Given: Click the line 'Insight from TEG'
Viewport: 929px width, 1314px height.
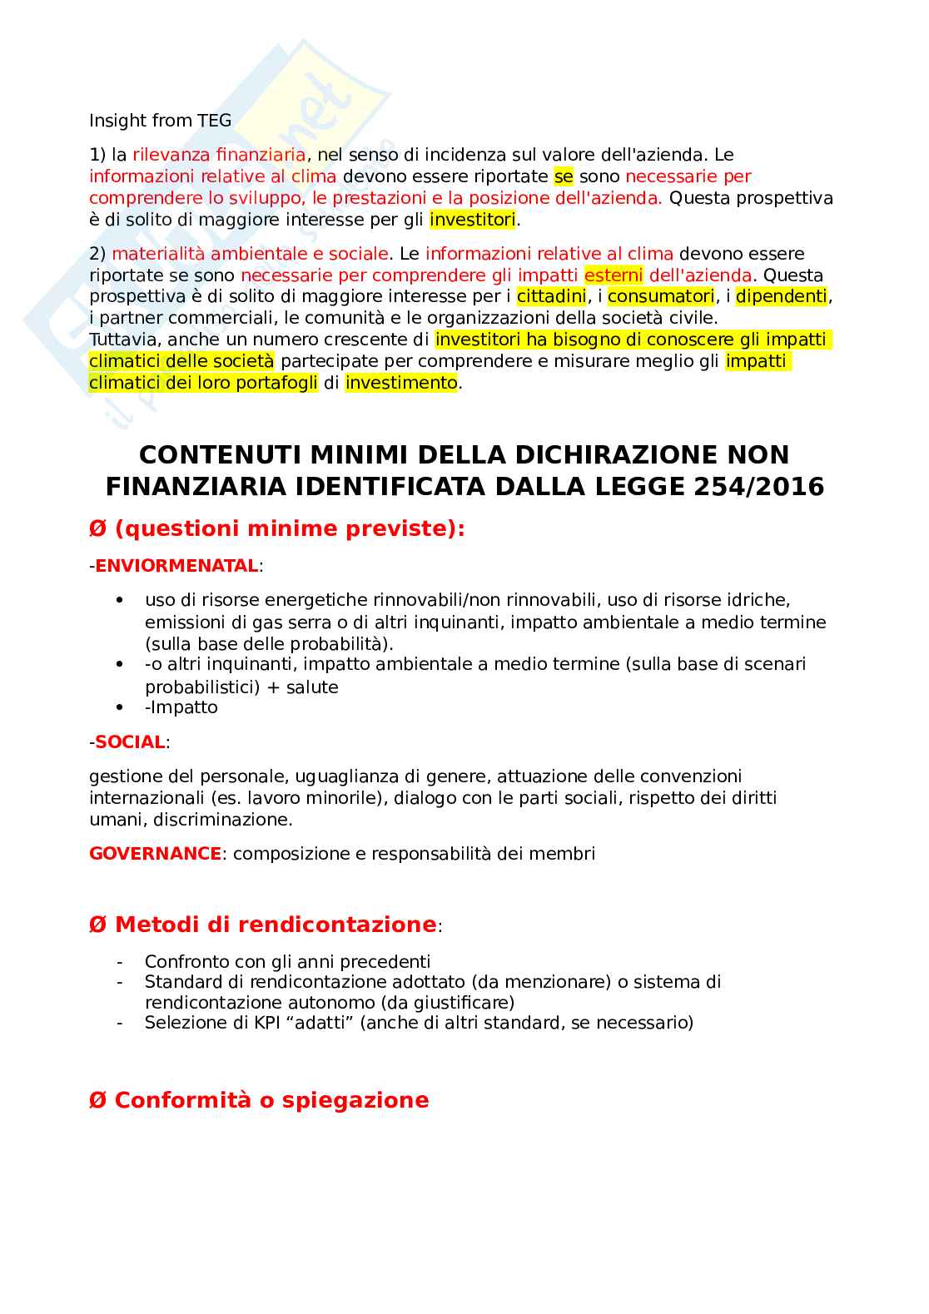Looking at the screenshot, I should point(160,121).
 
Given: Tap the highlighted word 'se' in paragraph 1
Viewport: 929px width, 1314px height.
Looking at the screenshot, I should point(564,176).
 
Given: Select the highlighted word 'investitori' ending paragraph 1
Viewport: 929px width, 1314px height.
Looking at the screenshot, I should point(472,220).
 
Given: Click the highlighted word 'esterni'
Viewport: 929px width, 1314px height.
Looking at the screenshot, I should point(614,275).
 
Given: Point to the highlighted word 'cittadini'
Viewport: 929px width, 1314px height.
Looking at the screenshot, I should point(551,297).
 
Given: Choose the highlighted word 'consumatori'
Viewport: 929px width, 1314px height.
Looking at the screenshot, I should point(661,297).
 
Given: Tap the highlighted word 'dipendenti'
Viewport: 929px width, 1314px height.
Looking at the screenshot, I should point(782,297).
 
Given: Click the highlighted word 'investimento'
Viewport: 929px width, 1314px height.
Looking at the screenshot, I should point(401,383).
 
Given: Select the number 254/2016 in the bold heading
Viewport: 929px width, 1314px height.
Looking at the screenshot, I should point(759,487).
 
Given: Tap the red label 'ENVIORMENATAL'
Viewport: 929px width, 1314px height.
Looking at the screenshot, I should point(176,566).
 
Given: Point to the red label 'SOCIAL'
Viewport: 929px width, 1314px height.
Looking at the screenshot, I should point(130,742).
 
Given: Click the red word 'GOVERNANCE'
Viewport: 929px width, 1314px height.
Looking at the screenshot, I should point(155,854).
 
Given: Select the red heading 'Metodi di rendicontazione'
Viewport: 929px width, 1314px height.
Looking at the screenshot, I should point(275,925).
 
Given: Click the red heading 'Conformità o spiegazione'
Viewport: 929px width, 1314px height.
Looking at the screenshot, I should point(271,1100).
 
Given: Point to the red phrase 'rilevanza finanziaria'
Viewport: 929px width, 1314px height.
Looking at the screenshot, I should point(219,155).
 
